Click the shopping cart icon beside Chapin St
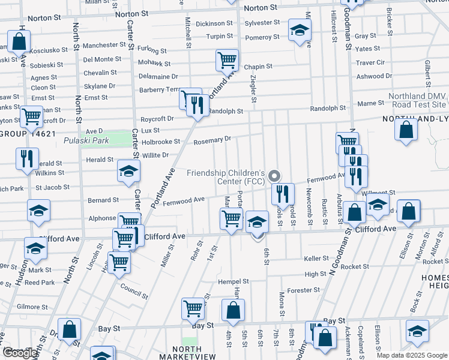227,59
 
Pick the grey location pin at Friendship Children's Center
275,176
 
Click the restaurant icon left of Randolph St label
197,106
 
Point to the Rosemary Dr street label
212,140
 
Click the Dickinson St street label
214,23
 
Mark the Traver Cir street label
370,62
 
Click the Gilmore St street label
32,307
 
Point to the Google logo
20,353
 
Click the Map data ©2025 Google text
412,355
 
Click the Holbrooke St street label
161,142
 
